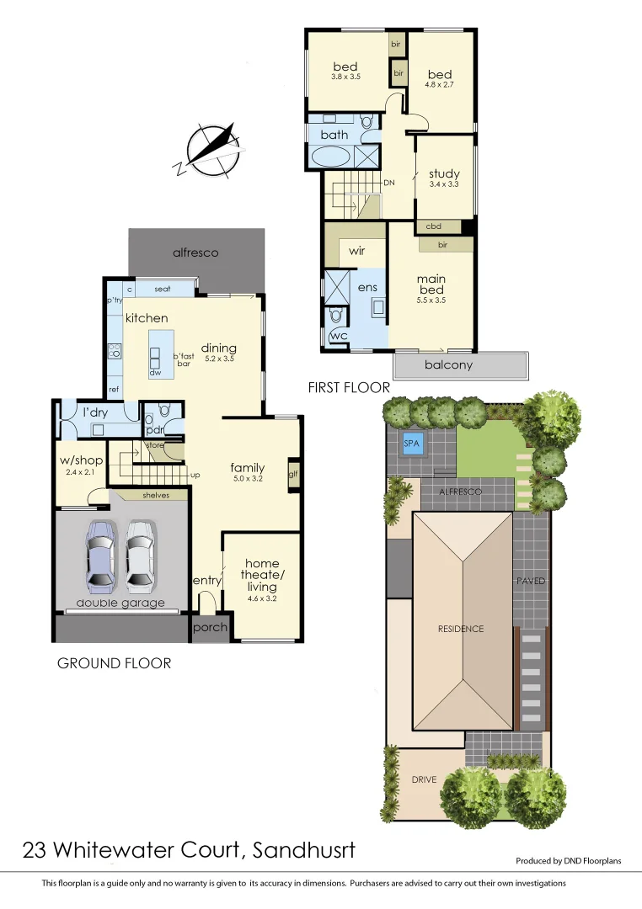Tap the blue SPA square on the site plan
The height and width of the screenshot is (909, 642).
pos(412,444)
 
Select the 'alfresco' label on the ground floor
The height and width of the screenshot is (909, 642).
pos(195,252)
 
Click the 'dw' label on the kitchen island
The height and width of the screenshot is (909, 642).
pos(156,372)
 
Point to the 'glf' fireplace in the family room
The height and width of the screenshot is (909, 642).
pos(293,474)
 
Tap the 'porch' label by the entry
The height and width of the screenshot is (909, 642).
pos(210,629)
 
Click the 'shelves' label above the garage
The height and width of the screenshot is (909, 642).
pos(156,496)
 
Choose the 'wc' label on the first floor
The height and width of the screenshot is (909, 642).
pos(338,337)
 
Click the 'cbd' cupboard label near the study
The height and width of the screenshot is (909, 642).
pos(434,226)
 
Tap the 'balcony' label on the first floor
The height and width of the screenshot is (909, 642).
pos(448,365)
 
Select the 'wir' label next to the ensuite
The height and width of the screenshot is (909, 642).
pos(356,251)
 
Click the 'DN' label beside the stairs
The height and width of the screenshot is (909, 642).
pos(389,182)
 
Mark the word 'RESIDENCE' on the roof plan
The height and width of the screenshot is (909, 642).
pos(461,629)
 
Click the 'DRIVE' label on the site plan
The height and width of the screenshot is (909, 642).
pos(424,779)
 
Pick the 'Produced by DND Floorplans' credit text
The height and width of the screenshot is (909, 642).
pos(573,861)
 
